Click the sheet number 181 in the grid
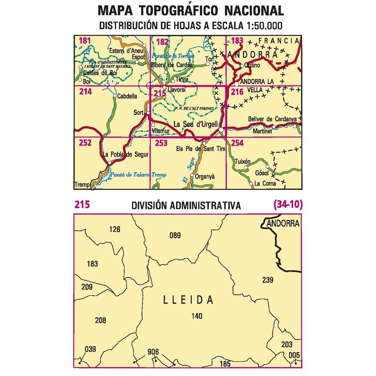point(84,41)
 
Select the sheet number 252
point(85,143)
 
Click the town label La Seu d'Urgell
point(195,124)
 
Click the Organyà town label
point(205,176)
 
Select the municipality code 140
point(196,316)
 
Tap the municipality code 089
point(175,236)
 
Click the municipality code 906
point(153,352)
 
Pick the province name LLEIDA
point(188,300)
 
